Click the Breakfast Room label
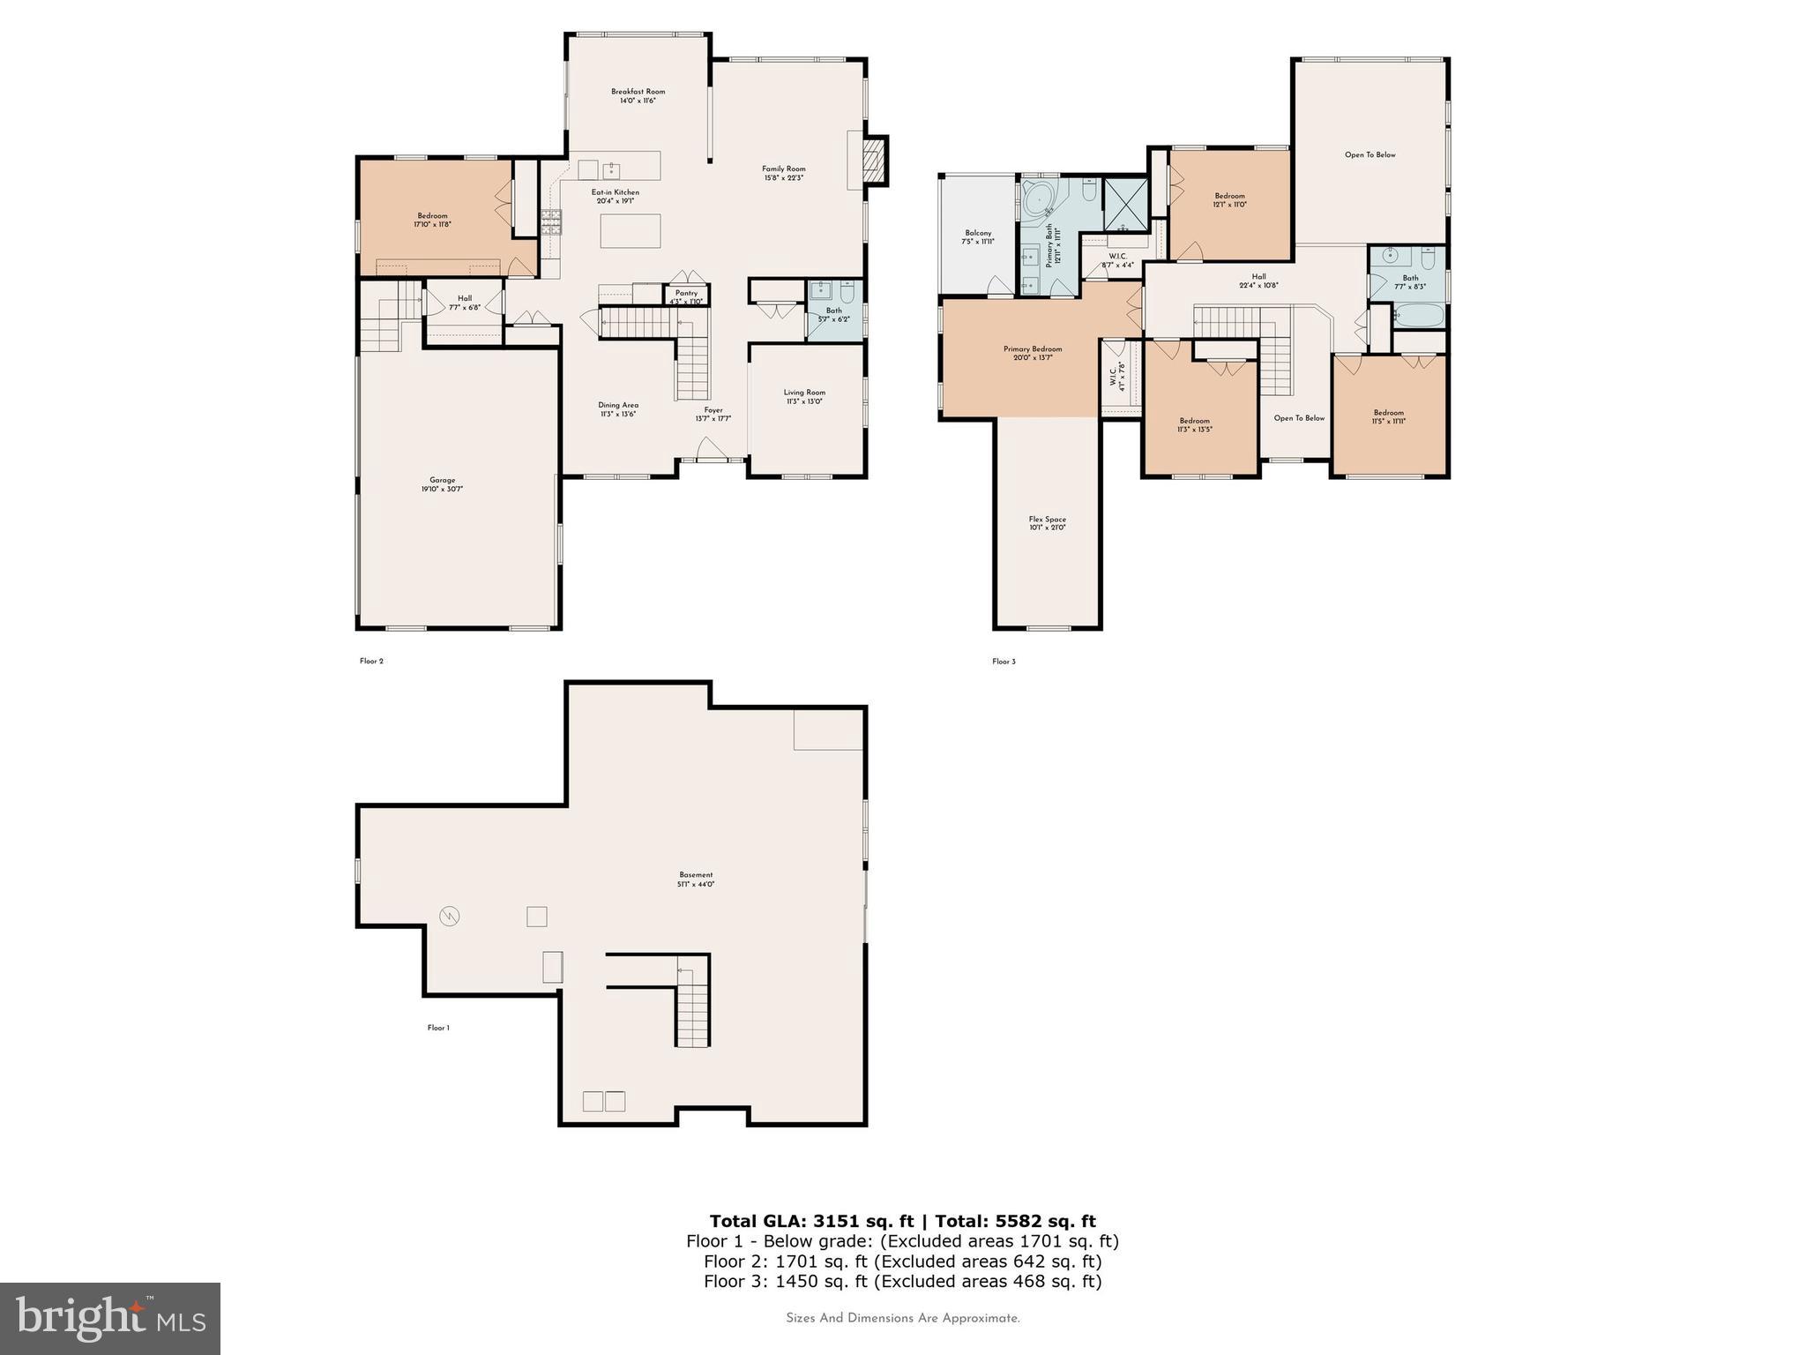(x=638, y=95)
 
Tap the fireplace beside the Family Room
(x=873, y=160)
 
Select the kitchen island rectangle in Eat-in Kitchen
(x=630, y=230)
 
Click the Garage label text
(x=442, y=484)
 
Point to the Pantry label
(x=686, y=296)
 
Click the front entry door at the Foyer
(x=713, y=453)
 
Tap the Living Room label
(x=804, y=396)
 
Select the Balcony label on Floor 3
(x=978, y=236)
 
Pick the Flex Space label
(x=1047, y=523)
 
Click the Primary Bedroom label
(x=1032, y=353)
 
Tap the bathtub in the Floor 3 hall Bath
(x=1418, y=315)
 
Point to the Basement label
(x=696, y=879)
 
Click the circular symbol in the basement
(x=450, y=916)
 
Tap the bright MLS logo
(x=110, y=1318)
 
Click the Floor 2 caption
(x=371, y=661)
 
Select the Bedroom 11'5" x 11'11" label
(x=1388, y=416)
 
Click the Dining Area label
(x=617, y=409)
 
